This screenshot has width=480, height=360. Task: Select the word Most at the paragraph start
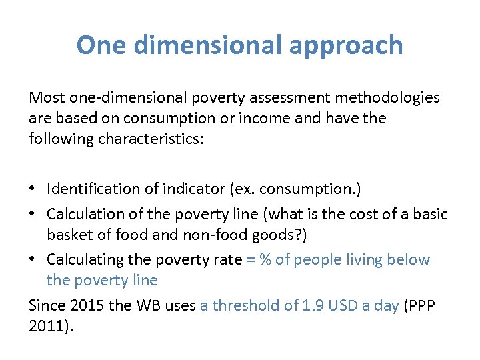[45, 98]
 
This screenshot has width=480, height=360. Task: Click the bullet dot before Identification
[33, 189]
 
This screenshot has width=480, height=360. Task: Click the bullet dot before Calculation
[33, 215]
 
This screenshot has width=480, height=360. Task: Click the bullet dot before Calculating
[33, 260]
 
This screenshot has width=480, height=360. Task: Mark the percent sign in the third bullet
[265, 259]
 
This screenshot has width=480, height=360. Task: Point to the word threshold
[245, 305]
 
